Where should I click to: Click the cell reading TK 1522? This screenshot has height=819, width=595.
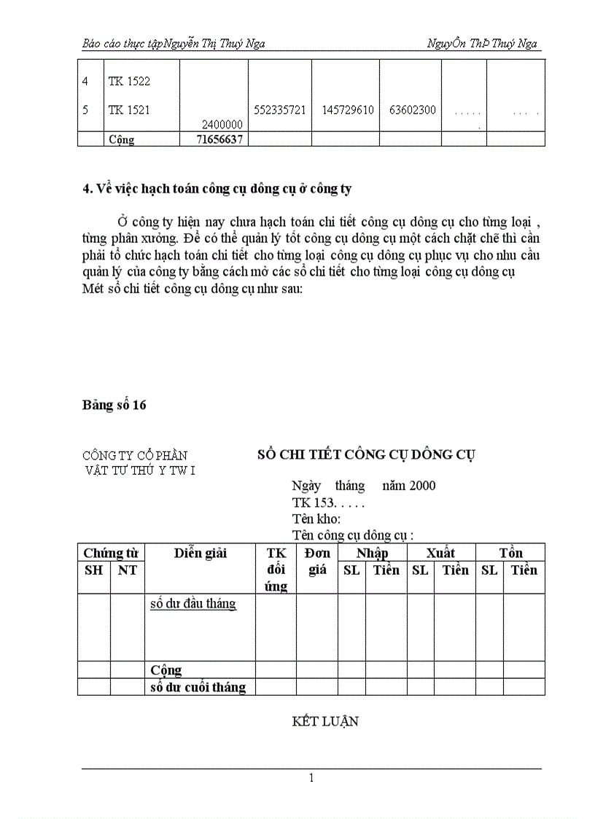pos(129,82)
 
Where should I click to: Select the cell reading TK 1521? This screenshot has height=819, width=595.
pos(129,110)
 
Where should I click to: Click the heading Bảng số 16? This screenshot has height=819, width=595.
pos(114,405)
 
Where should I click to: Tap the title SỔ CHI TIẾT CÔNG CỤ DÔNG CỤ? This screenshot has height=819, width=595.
pos(366,454)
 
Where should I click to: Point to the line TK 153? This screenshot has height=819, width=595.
pos(328,502)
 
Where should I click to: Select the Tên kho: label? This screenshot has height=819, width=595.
pos(316,519)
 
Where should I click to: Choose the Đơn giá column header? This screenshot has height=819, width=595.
pos(317,562)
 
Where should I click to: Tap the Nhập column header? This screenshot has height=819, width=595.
pos(372,554)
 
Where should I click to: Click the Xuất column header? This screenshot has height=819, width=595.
pos(440,554)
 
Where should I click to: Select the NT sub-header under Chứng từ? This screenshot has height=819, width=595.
pos(128,570)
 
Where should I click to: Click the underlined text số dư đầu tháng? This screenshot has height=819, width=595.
pos(192,604)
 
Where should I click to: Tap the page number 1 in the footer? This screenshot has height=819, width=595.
pos(311,778)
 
